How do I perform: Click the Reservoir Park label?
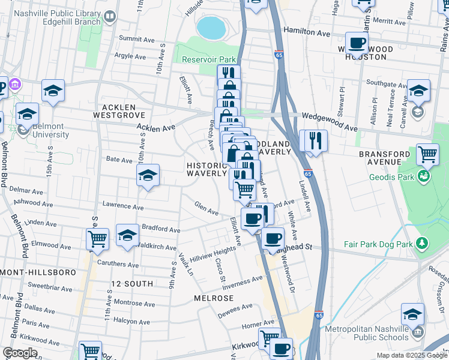click(x=209, y=59)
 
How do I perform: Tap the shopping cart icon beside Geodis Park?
click(x=427, y=155)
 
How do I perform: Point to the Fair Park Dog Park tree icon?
click(x=423, y=242)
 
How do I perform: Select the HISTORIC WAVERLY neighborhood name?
click(x=207, y=169)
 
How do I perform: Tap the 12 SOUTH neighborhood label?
click(x=130, y=282)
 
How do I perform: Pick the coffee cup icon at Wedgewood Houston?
click(x=358, y=43)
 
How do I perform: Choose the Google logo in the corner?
click(x=20, y=353)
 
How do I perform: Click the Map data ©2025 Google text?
click(x=412, y=355)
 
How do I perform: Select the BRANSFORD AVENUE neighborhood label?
click(x=388, y=158)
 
